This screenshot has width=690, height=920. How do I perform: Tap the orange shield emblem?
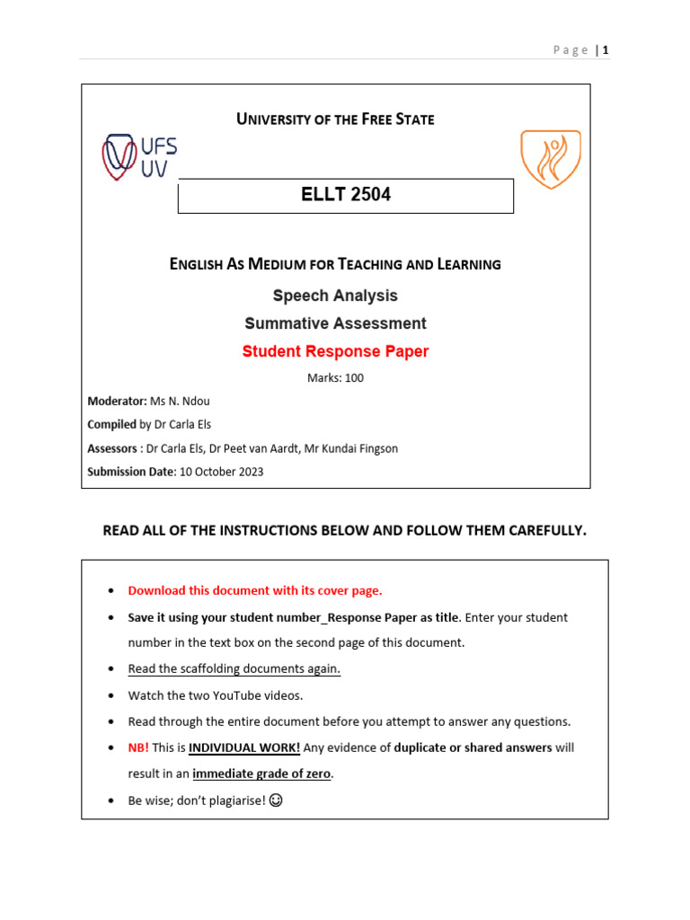click(551, 159)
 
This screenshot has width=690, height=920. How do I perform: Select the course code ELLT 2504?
click(345, 195)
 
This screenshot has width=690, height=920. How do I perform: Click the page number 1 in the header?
click(606, 50)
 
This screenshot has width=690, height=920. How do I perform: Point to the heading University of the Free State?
click(335, 119)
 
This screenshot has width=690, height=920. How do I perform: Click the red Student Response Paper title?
click(335, 351)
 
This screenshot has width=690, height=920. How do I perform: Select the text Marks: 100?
click(335, 378)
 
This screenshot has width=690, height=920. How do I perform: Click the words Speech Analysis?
click(335, 296)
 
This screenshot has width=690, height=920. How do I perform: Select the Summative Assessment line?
click(335, 323)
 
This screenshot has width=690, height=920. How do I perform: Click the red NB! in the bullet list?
click(138, 747)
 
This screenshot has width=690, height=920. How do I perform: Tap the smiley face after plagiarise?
click(276, 801)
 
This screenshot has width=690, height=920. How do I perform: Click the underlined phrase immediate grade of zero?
click(261, 774)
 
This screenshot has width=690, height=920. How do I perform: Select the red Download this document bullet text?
click(255, 590)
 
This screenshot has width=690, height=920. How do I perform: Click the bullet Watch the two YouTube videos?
click(216, 695)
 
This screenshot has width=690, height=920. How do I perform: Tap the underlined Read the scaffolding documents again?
click(234, 669)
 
